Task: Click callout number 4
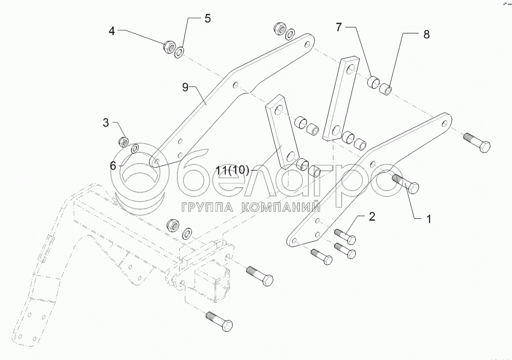[111, 31]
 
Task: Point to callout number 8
[426, 35]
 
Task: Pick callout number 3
[105, 122]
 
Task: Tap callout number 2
[372, 216]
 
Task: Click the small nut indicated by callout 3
[123, 141]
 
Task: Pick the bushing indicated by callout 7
[375, 81]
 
